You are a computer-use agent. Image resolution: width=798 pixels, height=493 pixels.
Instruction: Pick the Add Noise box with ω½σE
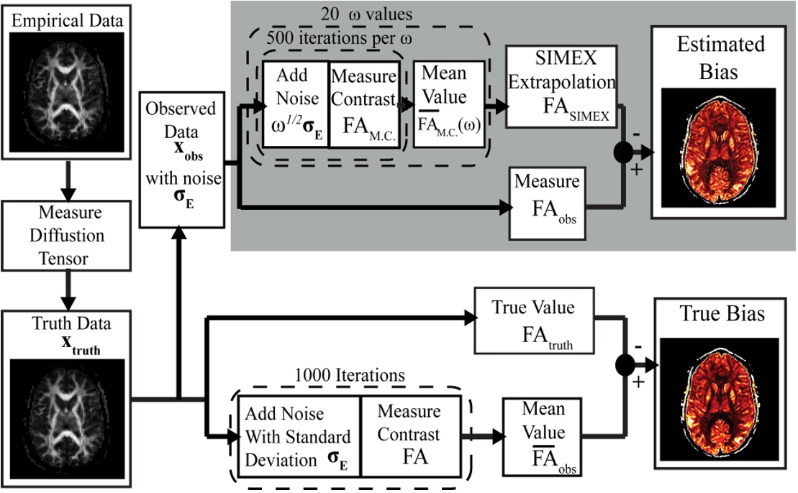[295, 104]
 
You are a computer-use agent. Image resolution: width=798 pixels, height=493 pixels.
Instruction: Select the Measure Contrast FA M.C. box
[364, 104]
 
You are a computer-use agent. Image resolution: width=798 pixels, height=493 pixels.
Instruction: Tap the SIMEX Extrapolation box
[561, 87]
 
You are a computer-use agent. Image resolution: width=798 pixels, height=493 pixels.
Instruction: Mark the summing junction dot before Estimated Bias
[623, 152]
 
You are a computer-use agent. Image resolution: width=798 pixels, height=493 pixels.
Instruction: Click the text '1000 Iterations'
[350, 375]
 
